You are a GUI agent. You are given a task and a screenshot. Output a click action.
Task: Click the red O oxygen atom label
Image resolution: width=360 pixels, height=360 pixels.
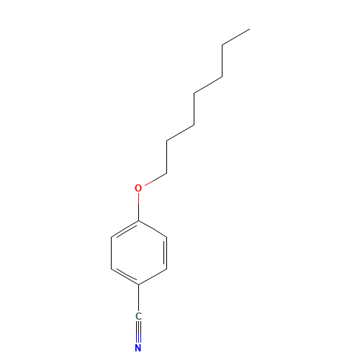click(138, 188)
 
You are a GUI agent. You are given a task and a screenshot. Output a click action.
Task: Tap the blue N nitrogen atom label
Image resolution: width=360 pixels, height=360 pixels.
click(138, 348)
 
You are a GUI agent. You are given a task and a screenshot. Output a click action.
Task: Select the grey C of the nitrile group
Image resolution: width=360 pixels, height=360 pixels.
click(138, 316)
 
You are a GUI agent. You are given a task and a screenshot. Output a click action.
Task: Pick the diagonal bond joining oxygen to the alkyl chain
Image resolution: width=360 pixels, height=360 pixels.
click(156, 179)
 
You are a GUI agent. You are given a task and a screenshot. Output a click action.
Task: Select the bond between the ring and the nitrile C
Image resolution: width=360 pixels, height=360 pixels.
click(138, 298)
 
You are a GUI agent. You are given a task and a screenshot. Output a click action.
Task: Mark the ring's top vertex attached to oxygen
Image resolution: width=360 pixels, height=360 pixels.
click(138, 221)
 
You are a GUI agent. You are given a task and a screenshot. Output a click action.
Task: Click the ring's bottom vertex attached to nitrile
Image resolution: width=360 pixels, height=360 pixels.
click(138, 285)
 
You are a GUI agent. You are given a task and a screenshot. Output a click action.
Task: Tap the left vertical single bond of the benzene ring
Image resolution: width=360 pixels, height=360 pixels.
click(111, 253)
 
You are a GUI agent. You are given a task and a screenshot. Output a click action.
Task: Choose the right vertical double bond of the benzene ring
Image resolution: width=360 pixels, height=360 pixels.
click(166, 253)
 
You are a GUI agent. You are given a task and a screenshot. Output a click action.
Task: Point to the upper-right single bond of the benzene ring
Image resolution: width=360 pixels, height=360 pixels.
click(153, 229)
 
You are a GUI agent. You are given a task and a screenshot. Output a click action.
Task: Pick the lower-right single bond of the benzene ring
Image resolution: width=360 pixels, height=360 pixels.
click(153, 276)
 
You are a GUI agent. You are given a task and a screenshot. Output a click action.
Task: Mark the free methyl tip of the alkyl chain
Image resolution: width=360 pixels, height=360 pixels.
click(250, 29)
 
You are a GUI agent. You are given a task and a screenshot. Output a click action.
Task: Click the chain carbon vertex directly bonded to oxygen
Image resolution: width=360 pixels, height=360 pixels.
click(166, 173)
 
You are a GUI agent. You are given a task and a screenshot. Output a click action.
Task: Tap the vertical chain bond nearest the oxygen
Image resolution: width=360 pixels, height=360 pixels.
click(166, 157)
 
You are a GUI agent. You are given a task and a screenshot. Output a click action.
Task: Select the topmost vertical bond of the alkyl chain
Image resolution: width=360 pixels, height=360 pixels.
click(222, 61)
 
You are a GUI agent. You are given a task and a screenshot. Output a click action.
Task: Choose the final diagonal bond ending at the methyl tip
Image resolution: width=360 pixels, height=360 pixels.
click(236, 37)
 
